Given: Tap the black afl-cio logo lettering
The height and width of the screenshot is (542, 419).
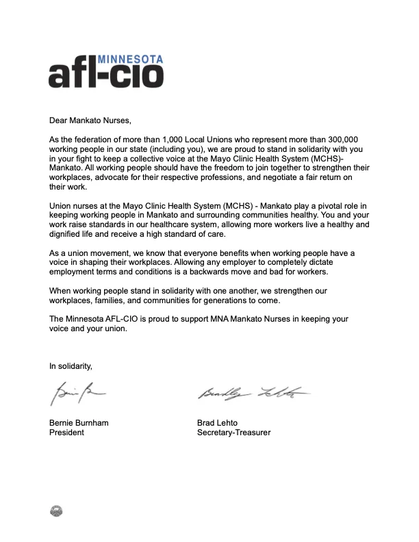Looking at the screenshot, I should pyautogui.click(x=106, y=74).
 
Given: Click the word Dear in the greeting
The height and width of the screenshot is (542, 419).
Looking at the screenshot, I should pyautogui.click(x=60, y=120).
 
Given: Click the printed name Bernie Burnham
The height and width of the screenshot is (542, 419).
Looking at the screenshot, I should pyautogui.click(x=79, y=423).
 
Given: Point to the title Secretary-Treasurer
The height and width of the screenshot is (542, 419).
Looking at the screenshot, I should pyautogui.click(x=233, y=433).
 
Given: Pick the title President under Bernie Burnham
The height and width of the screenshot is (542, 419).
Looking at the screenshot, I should pyautogui.click(x=66, y=433).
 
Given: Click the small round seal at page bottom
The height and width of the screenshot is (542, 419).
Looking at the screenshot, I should pyautogui.click(x=57, y=510).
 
